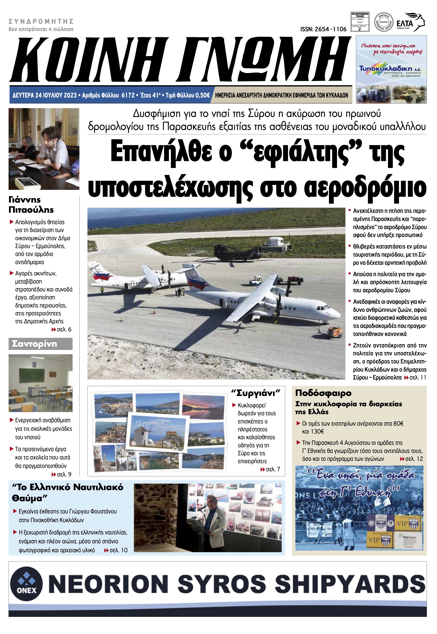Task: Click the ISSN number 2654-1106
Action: pyautogui.click(x=323, y=29)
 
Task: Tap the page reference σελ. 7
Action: pyautogui.click(x=273, y=469)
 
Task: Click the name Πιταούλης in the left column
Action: pyautogui.click(x=31, y=210)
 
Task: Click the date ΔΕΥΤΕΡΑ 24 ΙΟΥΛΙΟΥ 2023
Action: pyautogui.click(x=45, y=95)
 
